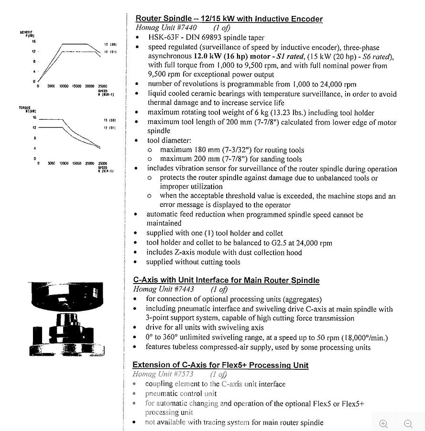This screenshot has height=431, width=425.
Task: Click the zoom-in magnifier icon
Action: pos(383,423)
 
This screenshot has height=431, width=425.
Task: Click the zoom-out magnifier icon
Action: pos(408,423)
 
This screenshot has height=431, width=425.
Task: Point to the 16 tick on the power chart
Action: pos(34,42)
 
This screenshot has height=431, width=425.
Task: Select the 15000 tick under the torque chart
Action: pos(77,163)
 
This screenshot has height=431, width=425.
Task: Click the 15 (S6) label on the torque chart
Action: pos(109,120)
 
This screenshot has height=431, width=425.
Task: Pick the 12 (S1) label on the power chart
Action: pos(109,51)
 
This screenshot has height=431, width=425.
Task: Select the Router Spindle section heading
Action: pos(229,19)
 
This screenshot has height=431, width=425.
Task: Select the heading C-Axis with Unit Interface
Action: pos(226,280)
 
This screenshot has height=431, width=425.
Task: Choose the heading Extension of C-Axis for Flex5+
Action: pos(220,365)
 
